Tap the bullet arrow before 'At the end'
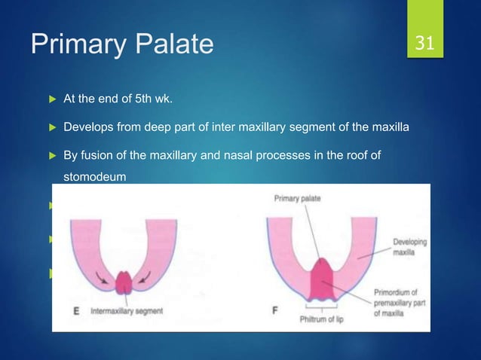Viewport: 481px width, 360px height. click(x=52, y=97)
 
